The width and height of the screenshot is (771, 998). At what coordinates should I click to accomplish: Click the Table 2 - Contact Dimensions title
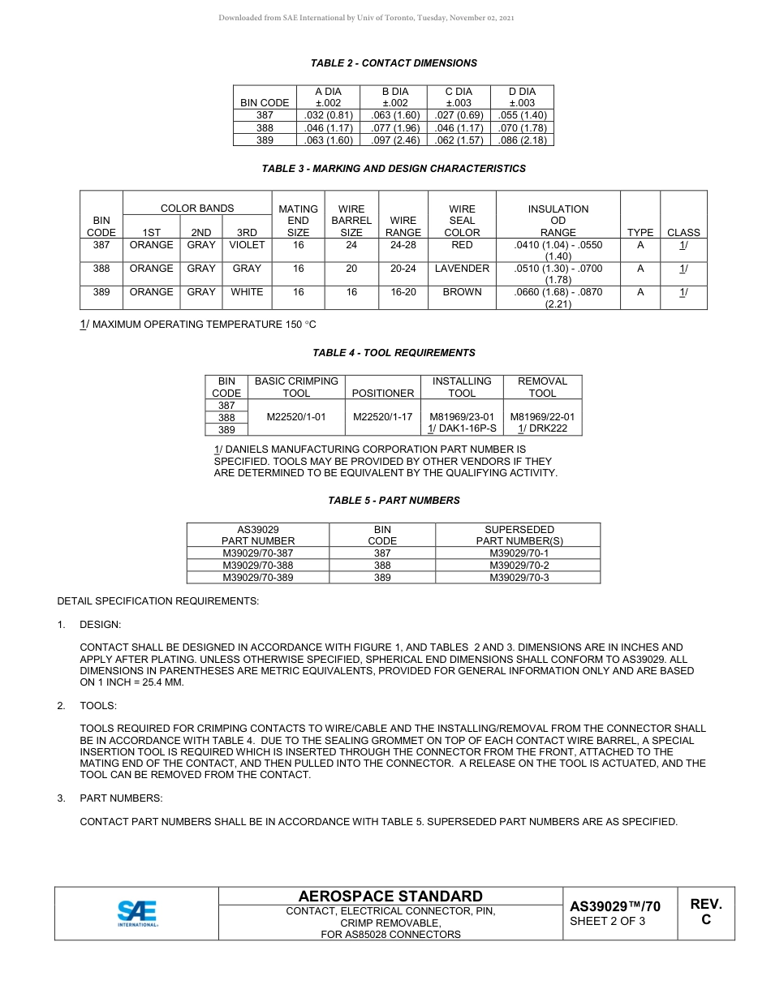click(394, 63)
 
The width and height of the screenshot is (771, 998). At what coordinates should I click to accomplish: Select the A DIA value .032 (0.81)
click(328, 115)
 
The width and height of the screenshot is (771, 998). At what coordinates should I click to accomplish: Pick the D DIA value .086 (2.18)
click(522, 140)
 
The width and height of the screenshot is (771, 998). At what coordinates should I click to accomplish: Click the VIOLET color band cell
click(247, 245)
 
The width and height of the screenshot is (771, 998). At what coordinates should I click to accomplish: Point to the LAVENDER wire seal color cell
click(462, 269)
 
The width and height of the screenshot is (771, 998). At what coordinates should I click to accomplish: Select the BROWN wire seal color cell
click(462, 292)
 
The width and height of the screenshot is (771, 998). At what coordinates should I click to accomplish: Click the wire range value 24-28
click(403, 245)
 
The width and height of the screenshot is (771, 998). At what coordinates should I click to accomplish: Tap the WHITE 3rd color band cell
click(247, 292)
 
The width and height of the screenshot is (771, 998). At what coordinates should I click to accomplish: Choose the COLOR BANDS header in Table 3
click(197, 209)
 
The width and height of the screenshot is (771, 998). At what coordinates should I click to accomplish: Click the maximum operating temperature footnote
click(198, 325)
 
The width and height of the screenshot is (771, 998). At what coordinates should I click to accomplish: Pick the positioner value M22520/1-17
click(383, 417)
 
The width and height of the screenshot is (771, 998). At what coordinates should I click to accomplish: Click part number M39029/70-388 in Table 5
click(258, 566)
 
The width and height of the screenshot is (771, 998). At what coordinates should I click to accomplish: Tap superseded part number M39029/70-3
click(519, 578)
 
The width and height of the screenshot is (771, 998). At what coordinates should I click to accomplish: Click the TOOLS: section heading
click(98, 706)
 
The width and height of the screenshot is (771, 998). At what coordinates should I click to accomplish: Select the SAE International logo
click(137, 913)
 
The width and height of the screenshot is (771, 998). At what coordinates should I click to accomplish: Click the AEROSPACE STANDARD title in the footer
click(390, 897)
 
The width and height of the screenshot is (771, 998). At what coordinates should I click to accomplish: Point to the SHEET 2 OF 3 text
click(608, 921)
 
